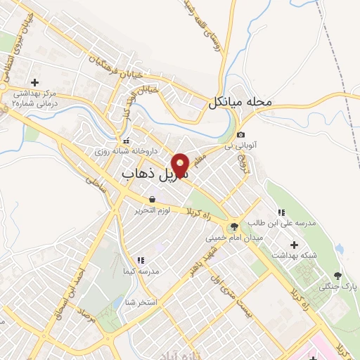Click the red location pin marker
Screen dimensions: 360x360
pos(181,165)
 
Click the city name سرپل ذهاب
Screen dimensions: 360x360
pos(154,173)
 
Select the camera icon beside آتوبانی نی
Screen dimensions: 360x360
pos(241,135)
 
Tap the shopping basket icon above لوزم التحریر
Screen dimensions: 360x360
pos(152,199)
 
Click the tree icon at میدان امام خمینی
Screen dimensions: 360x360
pos(233,226)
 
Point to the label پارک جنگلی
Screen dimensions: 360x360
pos(334,286)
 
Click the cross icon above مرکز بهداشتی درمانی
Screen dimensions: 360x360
pos(34,82)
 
